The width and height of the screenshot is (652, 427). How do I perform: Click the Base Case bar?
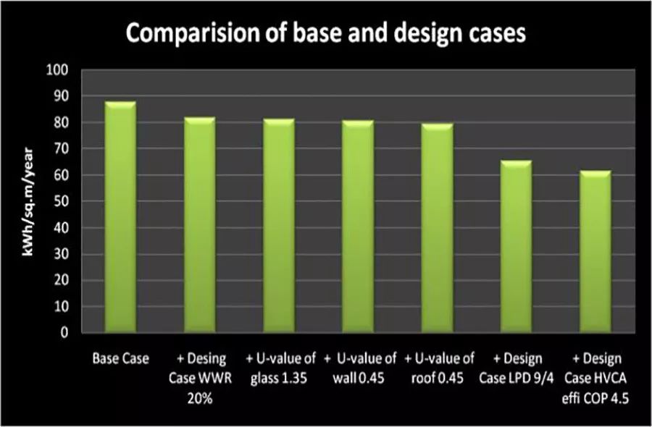coord(120,217)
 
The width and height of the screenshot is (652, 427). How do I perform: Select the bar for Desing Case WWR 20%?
coord(199,225)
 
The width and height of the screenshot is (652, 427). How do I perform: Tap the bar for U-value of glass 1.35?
coord(279,226)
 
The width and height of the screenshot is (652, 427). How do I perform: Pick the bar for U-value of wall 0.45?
coord(358,227)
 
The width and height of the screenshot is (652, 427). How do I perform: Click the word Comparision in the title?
coord(189,33)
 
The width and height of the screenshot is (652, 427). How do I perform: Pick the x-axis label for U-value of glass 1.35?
coord(279,367)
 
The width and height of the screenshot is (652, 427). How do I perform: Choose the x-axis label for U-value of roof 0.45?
coord(439,367)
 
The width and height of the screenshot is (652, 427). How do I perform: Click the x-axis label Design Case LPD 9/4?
coord(519,367)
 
